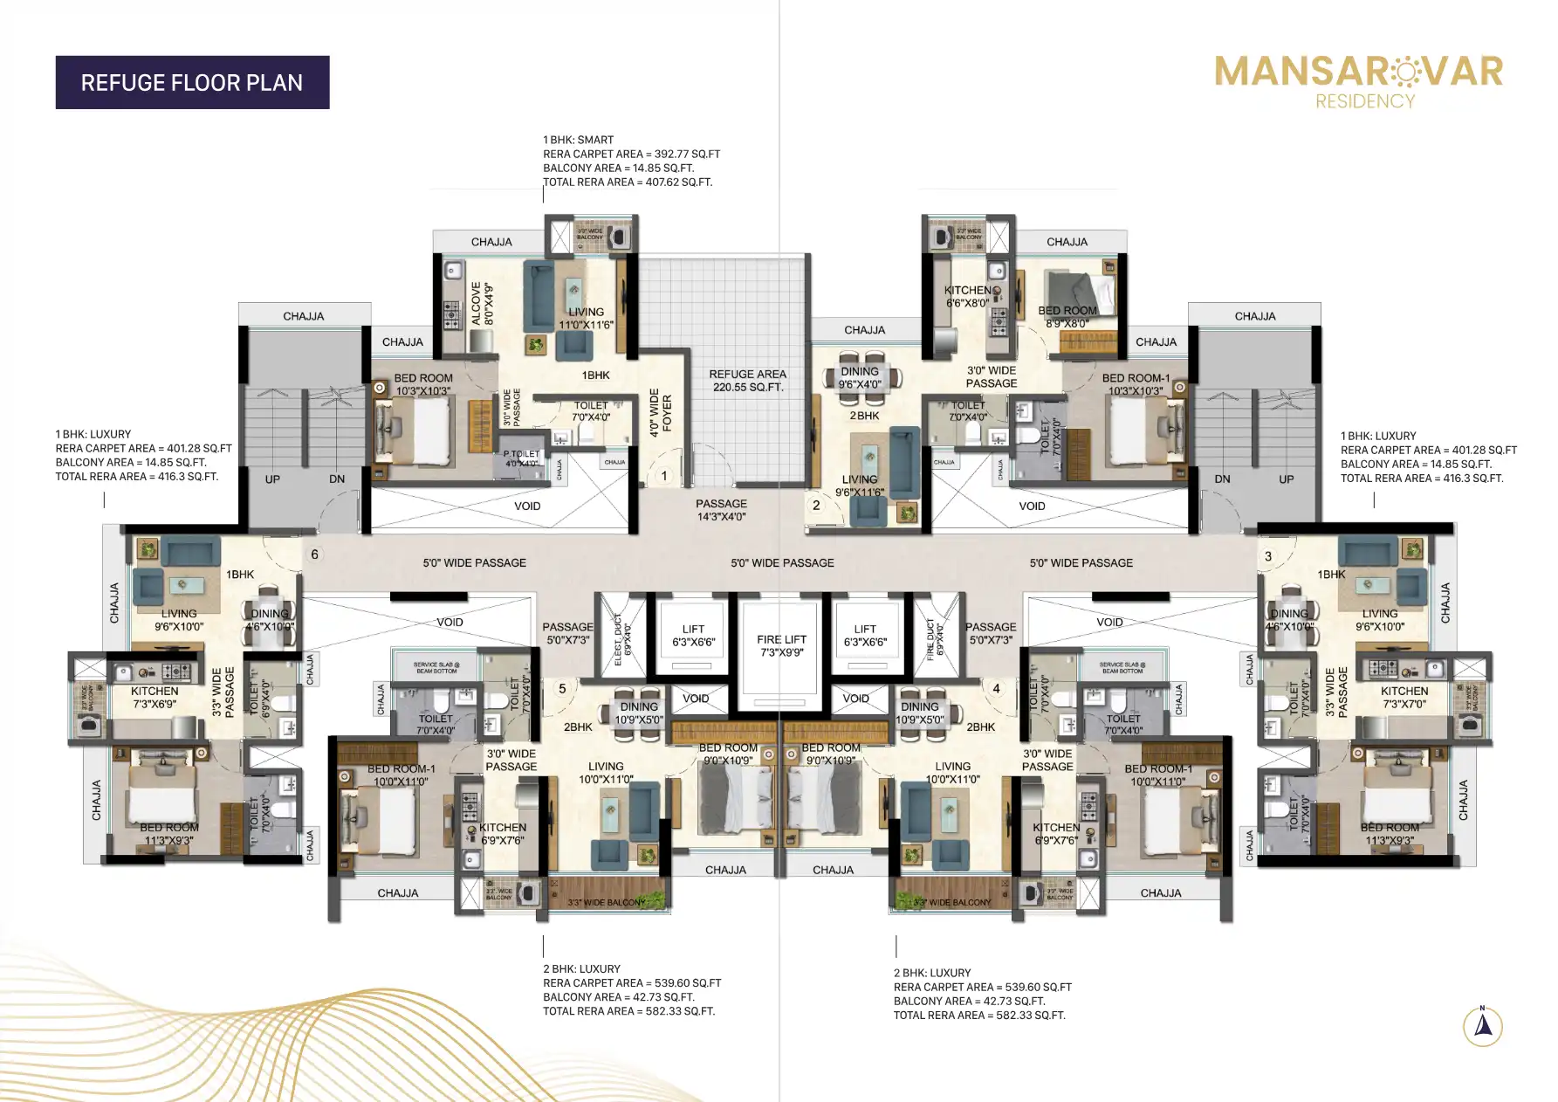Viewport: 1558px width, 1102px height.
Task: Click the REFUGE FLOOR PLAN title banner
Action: [192, 83]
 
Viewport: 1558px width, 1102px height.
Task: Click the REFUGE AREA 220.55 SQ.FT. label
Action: [747, 380]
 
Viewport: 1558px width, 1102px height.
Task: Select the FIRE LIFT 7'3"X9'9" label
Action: [781, 645]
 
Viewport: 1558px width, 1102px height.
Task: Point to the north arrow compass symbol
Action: [1482, 1025]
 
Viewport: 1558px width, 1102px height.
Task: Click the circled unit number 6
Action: [315, 554]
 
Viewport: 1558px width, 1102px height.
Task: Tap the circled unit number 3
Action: [1268, 556]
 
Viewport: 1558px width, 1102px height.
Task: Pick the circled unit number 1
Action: [664, 476]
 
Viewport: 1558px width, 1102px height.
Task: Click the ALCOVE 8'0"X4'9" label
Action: [482, 303]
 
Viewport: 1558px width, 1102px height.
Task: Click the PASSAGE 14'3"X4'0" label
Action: [721, 510]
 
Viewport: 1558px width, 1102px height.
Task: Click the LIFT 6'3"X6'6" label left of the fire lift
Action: [693, 635]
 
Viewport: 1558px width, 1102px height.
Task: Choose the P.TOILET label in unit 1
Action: [521, 458]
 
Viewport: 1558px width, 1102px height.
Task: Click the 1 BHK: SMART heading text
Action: [578, 140]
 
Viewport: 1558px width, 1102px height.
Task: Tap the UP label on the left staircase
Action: [272, 479]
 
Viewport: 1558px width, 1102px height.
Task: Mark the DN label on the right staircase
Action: [1222, 479]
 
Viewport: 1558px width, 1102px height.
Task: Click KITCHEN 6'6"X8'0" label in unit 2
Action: [967, 297]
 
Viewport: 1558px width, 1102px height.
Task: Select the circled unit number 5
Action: [562, 689]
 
